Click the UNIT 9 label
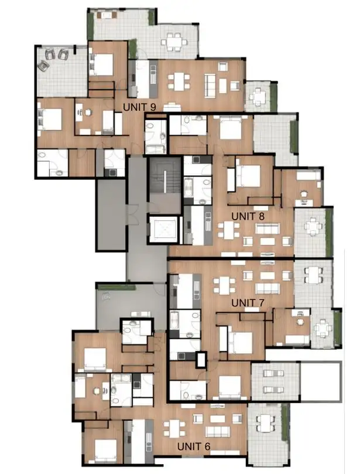[139, 107]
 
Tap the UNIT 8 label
[248, 216]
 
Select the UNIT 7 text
[248, 302]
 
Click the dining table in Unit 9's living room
[180, 81]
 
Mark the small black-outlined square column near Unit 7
[201, 359]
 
